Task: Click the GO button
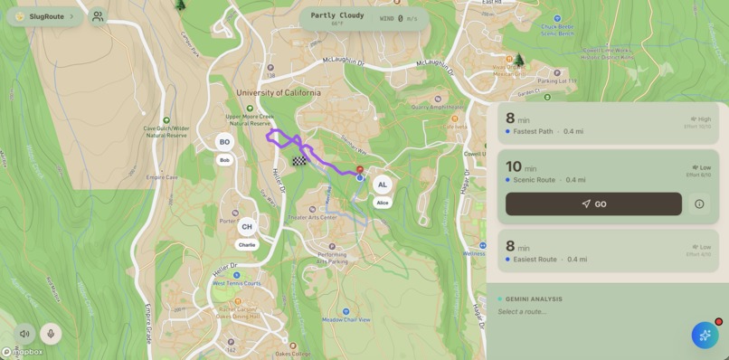click(593, 204)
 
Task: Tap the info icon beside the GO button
click(699, 204)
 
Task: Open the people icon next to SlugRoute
click(98, 16)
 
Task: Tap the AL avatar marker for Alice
click(383, 185)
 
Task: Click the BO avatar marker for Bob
click(224, 142)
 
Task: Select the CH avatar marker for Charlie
click(246, 227)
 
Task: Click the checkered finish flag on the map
click(298, 161)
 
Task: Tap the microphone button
click(51, 334)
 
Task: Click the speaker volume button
click(24, 334)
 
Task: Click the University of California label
click(278, 92)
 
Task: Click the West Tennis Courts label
click(237, 283)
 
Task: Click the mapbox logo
click(22, 352)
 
